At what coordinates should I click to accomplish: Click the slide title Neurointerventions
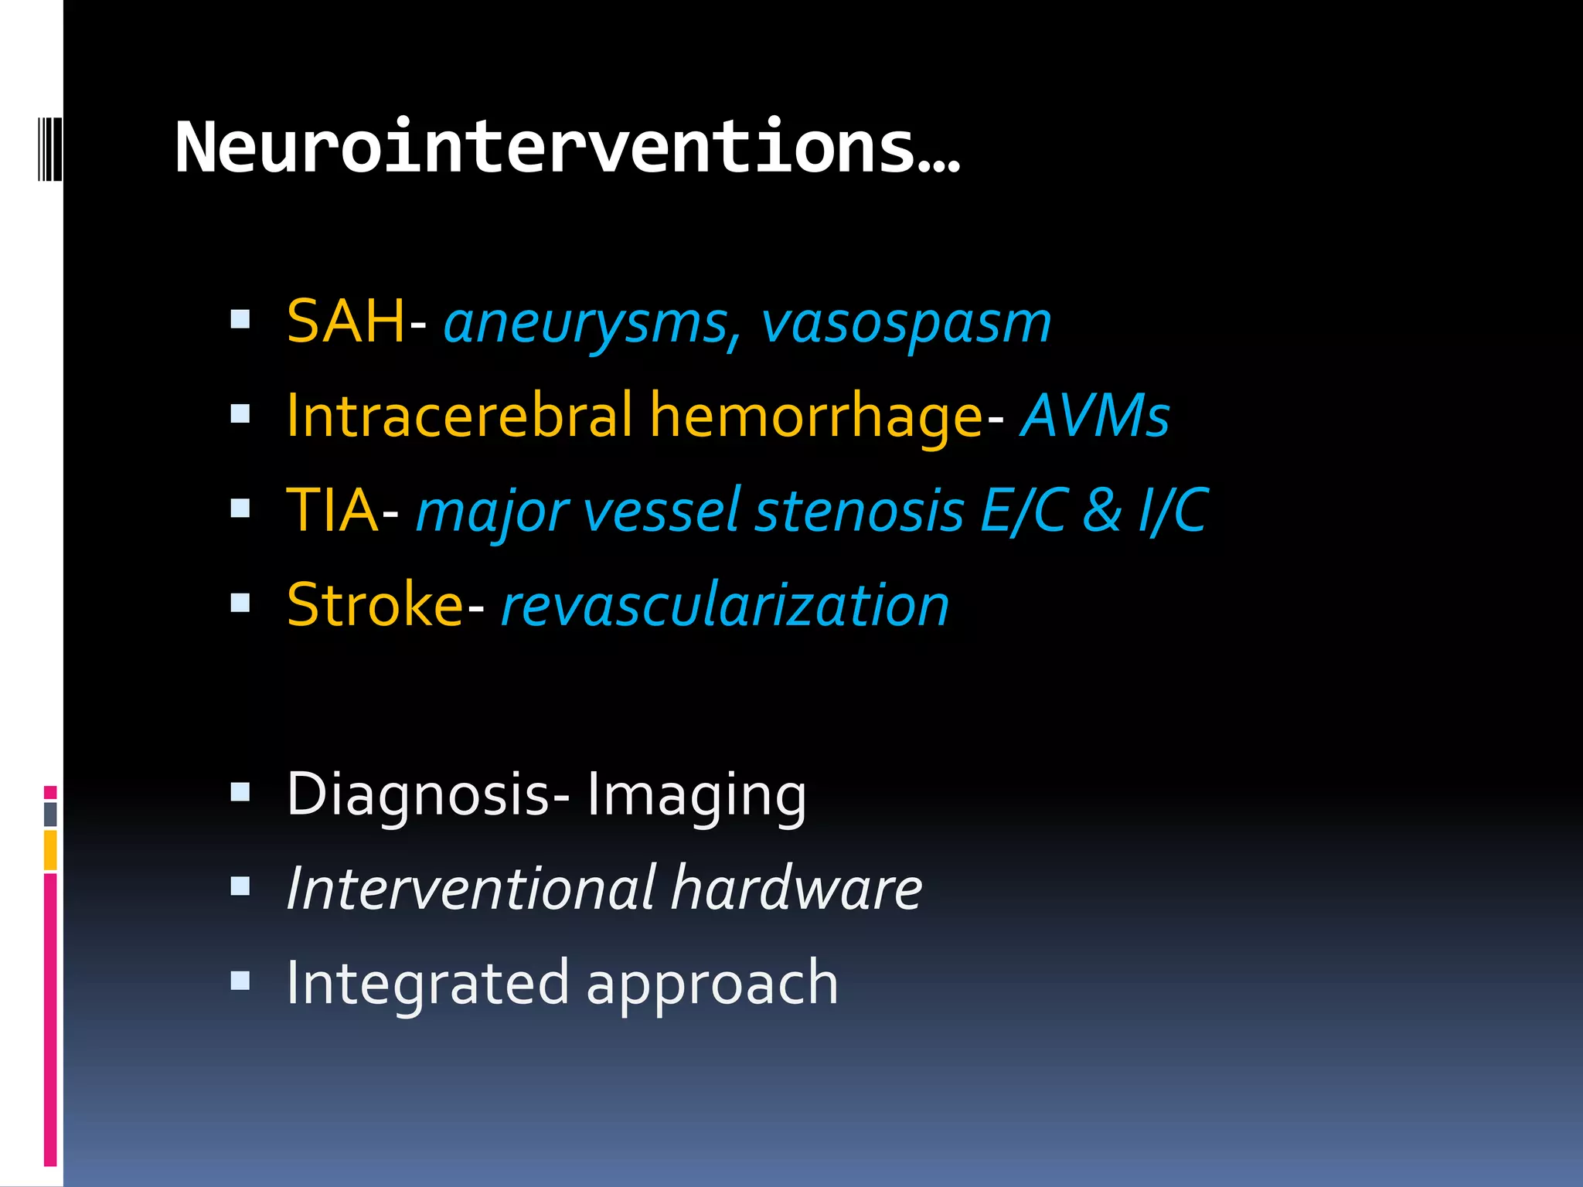(x=567, y=147)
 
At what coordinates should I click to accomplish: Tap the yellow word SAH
(x=346, y=321)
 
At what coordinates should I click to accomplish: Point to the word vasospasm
(x=906, y=323)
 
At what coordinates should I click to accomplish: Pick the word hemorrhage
(x=816, y=416)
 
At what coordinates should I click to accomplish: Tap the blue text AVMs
(x=1094, y=416)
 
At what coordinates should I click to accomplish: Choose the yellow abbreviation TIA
(x=332, y=511)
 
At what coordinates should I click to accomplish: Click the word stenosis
(x=859, y=511)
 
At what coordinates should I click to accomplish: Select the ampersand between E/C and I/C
(x=1101, y=511)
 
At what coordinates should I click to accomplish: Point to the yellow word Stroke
(x=374, y=605)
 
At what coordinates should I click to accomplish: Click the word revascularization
(x=725, y=605)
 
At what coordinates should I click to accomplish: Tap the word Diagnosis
(x=417, y=794)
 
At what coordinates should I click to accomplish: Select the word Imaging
(x=696, y=794)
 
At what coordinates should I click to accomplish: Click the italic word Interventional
(x=471, y=889)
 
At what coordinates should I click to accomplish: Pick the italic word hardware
(x=797, y=889)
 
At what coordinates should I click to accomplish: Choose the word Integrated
(x=427, y=983)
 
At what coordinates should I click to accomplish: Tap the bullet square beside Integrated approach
(x=240, y=981)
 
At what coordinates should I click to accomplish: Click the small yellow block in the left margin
(x=50, y=849)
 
